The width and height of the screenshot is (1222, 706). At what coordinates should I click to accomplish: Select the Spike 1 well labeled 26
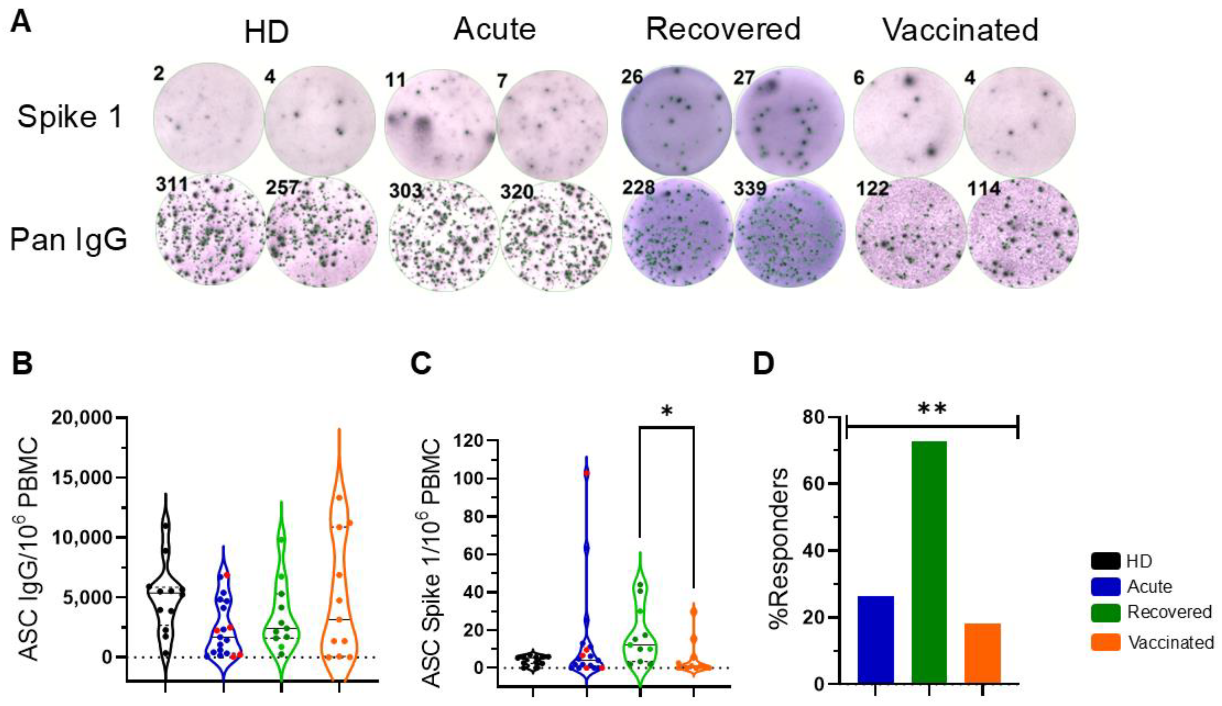point(677,120)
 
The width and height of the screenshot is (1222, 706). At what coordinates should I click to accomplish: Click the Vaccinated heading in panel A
point(960,30)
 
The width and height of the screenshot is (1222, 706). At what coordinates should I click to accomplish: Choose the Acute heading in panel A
point(495,29)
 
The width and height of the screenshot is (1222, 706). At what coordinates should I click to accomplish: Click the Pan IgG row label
point(68,240)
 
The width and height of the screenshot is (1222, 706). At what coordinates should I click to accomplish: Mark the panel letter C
point(420,363)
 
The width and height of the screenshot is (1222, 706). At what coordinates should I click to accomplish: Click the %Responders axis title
point(779,548)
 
